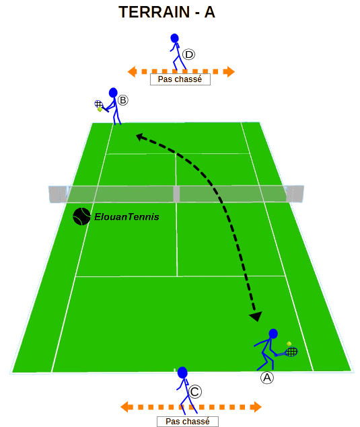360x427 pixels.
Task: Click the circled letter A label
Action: (267, 378)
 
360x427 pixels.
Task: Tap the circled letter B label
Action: (123, 100)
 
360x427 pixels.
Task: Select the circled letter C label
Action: (195, 392)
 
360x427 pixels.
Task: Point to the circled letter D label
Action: (188, 54)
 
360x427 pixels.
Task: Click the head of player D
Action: (174, 38)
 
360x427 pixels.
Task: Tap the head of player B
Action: (113, 93)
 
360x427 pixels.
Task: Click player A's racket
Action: (288, 352)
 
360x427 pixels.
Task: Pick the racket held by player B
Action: (101, 106)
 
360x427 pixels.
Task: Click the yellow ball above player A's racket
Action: (289, 344)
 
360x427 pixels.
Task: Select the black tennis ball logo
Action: (81, 217)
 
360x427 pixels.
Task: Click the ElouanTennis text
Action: (127, 217)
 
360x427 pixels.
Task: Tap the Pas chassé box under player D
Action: (180, 79)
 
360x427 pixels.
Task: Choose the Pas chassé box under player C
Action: (188, 421)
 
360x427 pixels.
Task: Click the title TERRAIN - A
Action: (167, 12)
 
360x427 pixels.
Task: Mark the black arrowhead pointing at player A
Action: (256, 316)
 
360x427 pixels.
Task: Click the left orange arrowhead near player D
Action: (132, 72)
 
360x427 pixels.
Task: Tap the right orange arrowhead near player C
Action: (256, 407)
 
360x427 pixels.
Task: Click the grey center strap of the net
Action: (176, 194)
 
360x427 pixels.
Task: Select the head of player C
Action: (182, 373)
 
